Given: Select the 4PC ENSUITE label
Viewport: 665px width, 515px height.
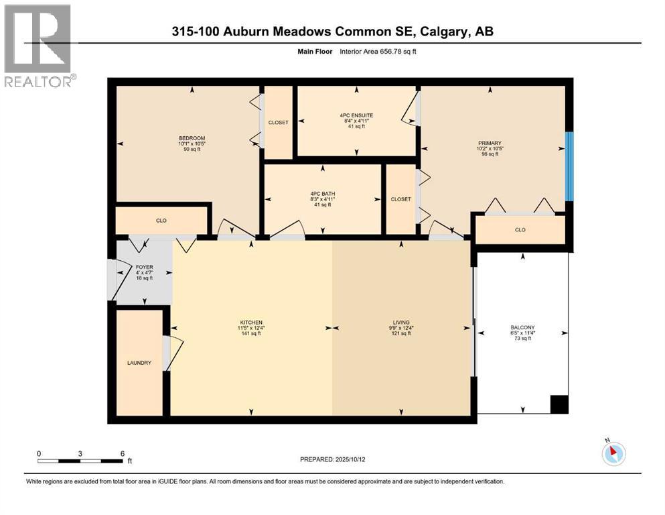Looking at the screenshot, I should [x=356, y=115].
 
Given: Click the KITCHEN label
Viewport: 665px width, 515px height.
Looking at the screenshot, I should [x=251, y=322].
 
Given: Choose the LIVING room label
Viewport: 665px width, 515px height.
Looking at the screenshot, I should [x=401, y=322].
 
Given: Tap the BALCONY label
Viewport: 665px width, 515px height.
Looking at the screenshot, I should [x=521, y=327].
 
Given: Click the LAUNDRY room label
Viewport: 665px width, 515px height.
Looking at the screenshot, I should [x=139, y=363].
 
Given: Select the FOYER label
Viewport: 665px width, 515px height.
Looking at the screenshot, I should [x=144, y=267].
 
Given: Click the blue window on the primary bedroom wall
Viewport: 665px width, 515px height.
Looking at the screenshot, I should [x=569, y=166].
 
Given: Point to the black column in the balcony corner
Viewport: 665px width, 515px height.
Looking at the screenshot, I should [x=559, y=404].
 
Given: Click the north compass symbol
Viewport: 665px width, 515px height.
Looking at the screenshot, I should [x=613, y=453].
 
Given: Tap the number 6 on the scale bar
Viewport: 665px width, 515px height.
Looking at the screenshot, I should [x=122, y=453].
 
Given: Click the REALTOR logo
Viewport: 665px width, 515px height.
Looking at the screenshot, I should [x=38, y=46].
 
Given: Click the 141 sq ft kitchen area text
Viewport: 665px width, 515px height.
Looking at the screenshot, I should [x=251, y=333].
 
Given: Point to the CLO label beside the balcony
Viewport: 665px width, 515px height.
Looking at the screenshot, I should [x=520, y=230].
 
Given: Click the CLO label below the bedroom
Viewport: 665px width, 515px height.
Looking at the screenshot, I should [x=161, y=220].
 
